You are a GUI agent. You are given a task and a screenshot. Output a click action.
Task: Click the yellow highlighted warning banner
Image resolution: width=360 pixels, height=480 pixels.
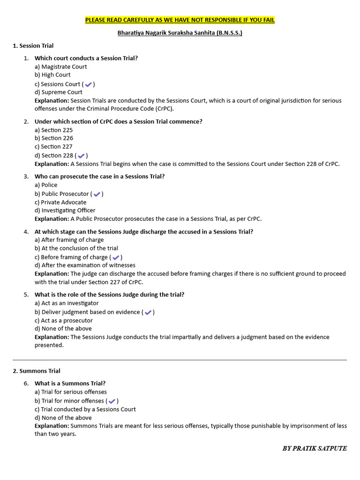point(180,20)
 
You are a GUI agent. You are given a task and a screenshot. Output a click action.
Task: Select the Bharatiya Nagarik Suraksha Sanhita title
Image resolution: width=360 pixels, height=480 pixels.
point(180,33)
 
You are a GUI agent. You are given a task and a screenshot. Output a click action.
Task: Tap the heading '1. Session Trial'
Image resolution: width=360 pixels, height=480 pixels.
point(33,45)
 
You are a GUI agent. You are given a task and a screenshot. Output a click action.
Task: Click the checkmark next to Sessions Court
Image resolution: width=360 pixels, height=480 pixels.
point(88,84)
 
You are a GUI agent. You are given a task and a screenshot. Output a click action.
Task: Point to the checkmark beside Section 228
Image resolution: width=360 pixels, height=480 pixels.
point(81,156)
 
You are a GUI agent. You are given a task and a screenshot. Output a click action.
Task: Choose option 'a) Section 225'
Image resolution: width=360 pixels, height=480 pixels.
point(53,130)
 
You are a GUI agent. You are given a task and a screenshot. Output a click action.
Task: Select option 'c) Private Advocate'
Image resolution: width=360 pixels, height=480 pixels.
point(60,202)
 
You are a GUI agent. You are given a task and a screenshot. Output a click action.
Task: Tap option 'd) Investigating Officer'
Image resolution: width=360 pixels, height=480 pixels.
point(65,210)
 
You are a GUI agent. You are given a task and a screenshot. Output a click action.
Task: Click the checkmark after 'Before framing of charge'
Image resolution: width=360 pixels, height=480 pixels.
point(116,257)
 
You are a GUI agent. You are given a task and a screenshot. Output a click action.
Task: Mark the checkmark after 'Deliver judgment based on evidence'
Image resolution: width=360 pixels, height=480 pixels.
point(148,313)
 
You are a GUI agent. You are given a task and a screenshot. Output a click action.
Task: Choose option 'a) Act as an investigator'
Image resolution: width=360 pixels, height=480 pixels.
point(67,303)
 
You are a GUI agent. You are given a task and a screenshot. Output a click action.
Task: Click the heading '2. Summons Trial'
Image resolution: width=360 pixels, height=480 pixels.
point(37,371)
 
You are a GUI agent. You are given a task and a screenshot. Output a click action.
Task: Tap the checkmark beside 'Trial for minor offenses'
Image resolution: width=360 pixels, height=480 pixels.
point(112,401)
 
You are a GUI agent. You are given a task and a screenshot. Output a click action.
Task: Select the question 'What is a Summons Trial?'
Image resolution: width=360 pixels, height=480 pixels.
point(70,383)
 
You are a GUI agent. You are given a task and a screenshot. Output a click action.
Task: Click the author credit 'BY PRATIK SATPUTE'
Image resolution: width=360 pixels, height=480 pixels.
point(315,449)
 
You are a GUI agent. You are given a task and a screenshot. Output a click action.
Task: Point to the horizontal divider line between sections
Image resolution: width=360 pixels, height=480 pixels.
point(180,360)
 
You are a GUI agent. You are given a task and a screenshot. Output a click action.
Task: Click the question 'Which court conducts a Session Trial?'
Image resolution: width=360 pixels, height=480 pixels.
point(86,58)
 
